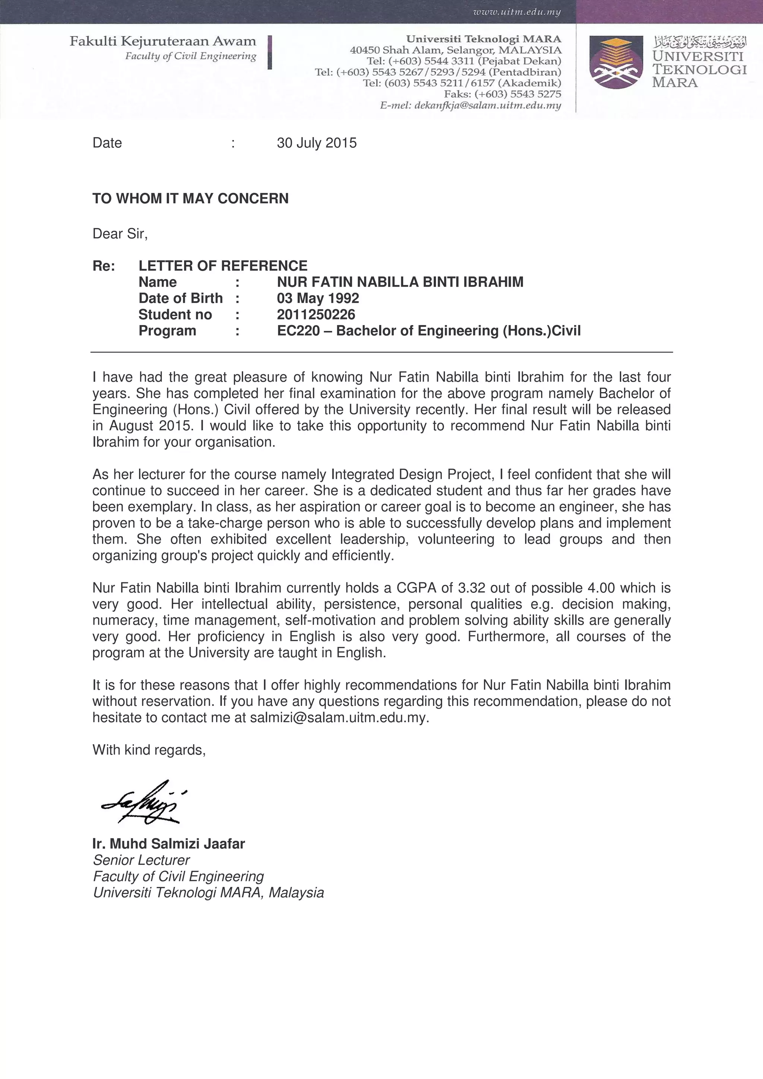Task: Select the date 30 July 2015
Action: (x=316, y=143)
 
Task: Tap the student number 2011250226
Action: (x=316, y=314)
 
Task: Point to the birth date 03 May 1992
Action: (x=318, y=298)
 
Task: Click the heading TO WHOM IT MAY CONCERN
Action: (x=190, y=198)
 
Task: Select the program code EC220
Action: (x=298, y=331)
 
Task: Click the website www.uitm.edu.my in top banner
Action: (x=517, y=12)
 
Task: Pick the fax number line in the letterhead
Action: (x=502, y=94)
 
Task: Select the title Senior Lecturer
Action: (x=141, y=860)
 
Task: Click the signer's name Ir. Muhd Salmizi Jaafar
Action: (x=168, y=844)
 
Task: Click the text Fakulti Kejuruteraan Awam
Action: (x=163, y=41)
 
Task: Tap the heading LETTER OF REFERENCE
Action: (x=223, y=265)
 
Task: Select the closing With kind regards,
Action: (x=149, y=749)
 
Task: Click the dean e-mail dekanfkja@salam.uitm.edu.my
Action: (x=487, y=105)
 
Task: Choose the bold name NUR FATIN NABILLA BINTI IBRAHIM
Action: (x=400, y=282)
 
